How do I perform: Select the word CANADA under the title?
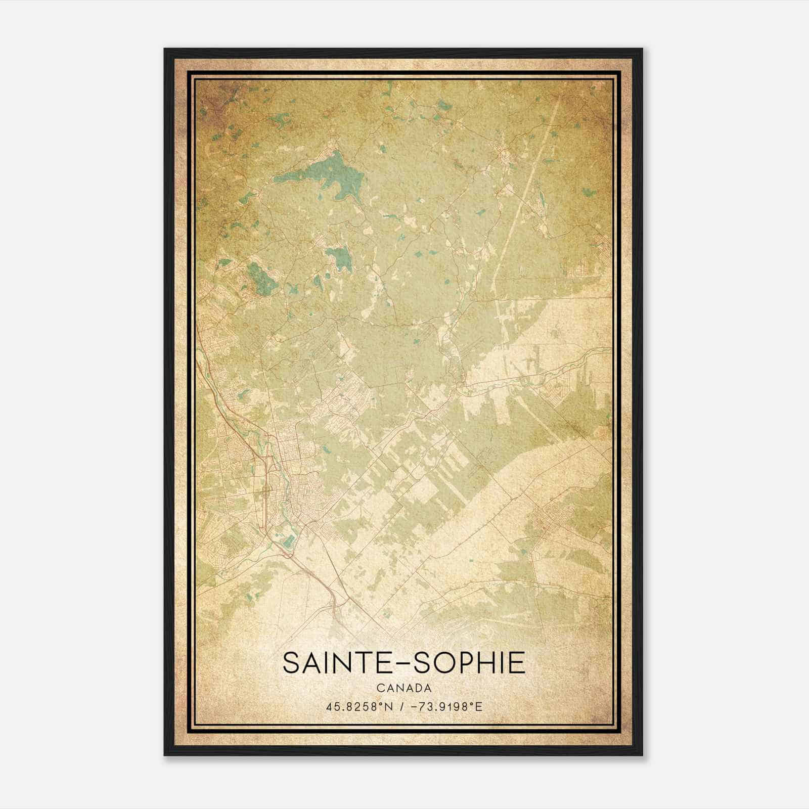point(404,688)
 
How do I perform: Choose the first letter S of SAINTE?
point(292,663)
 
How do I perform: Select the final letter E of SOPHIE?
point(517,663)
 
